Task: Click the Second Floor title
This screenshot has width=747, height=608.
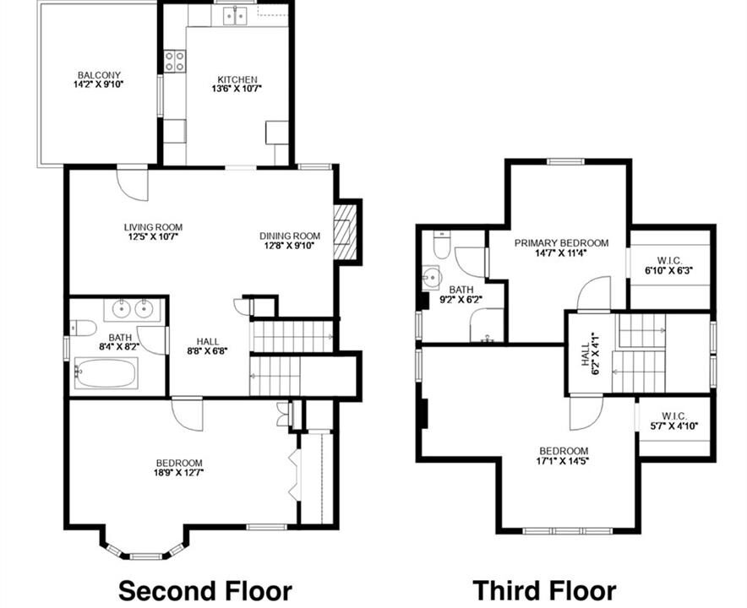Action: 204,590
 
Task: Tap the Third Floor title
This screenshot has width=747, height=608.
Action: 544,590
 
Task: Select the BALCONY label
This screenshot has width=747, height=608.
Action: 99,75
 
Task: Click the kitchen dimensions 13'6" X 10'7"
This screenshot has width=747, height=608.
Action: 237,89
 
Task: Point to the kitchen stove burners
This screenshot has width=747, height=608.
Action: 175,62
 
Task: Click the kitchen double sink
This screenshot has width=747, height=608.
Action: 236,17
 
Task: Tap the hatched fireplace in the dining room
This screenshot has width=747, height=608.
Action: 345,232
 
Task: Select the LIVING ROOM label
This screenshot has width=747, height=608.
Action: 154,227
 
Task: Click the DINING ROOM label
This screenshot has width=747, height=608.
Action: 290,236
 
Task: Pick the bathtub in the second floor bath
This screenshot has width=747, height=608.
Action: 106,373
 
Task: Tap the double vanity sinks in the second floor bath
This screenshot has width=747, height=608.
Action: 133,309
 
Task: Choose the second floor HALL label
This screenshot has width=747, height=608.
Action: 208,341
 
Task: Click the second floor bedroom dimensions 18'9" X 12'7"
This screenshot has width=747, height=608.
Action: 179,473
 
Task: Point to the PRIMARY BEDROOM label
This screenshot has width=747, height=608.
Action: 561,243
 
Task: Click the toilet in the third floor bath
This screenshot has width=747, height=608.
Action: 442,244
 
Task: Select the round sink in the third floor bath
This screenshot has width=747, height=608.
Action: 433,278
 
